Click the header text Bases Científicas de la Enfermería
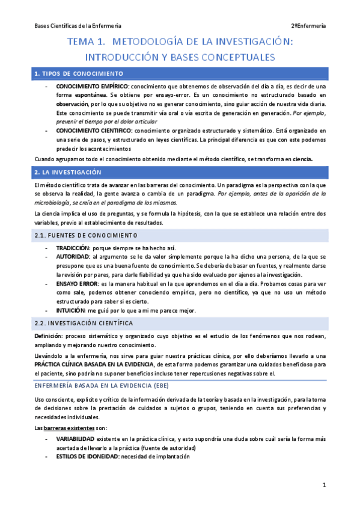pos(78,26)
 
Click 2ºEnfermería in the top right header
pos(308,26)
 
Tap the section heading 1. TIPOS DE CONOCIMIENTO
pos(79,73)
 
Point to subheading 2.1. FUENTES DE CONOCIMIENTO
pos(86,235)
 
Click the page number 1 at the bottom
pos(323,485)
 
